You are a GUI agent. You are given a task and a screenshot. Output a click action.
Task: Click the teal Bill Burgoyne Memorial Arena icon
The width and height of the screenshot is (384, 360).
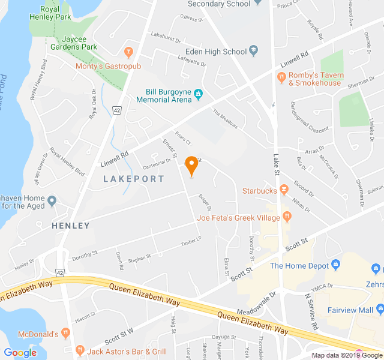tap(197, 93)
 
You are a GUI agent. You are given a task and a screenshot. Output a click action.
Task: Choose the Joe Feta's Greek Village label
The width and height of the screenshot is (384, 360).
tap(238, 218)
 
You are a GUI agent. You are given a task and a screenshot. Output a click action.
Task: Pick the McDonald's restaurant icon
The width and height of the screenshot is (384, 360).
tap(66, 333)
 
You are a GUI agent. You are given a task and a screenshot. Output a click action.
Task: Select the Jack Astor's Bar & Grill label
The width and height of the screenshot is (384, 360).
tap(126, 351)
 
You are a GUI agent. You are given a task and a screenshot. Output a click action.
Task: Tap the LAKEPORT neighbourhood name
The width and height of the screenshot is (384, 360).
tap(133, 179)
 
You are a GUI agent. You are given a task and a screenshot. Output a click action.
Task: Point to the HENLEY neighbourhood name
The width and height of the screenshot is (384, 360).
tap(71, 226)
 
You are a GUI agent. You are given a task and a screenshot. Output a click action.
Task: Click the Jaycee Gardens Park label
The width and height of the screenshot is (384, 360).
tap(74, 43)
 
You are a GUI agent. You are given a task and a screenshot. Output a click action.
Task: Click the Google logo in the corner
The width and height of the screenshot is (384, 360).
tap(20, 353)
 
